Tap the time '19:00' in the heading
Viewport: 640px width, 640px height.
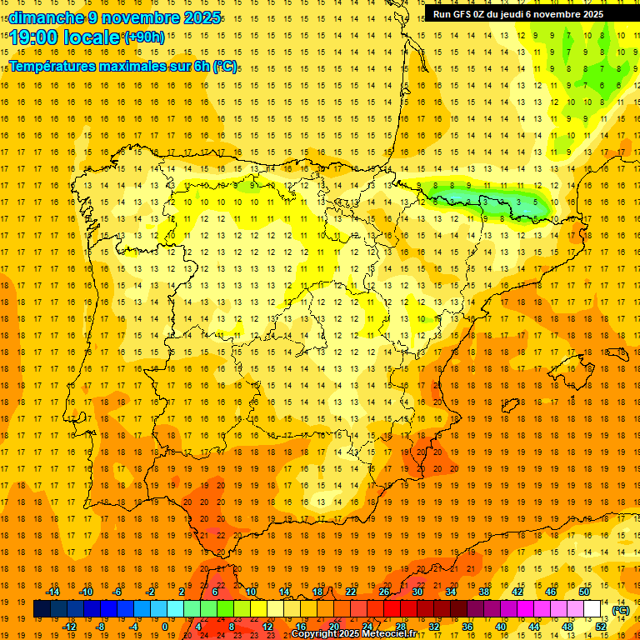37,37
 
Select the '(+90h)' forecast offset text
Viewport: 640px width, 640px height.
144,37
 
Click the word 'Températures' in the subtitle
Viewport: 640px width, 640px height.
52,66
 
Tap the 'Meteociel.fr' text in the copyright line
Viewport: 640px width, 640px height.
400,634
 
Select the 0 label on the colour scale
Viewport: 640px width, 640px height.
165,627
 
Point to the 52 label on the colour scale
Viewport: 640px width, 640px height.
601,627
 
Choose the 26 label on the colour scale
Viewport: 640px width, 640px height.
384,592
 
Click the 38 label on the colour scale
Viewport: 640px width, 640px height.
484,592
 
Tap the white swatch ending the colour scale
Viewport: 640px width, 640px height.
592,609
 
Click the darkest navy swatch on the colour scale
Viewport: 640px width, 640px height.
42,609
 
